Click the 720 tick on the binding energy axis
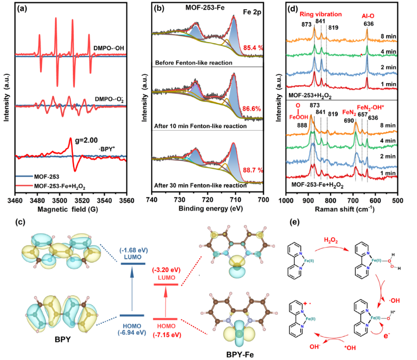(208, 201)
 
